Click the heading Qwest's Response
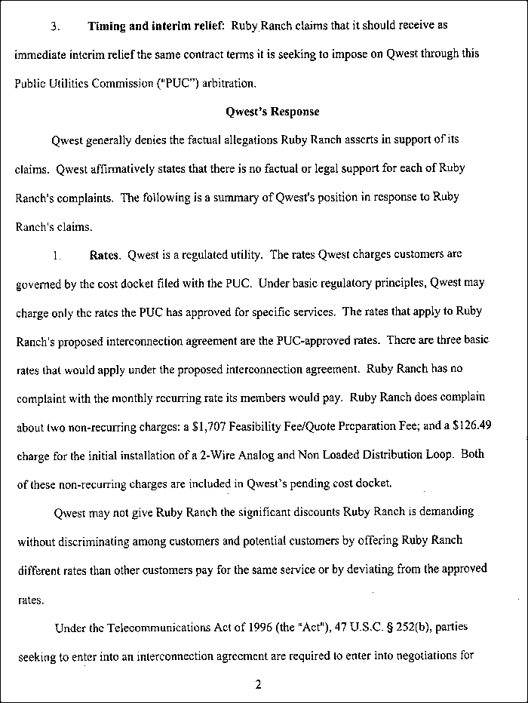tap(272, 112)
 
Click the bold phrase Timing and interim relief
tap(155, 26)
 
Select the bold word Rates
tap(105, 255)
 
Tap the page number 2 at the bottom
tap(258, 685)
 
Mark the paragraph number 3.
tap(54, 26)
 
